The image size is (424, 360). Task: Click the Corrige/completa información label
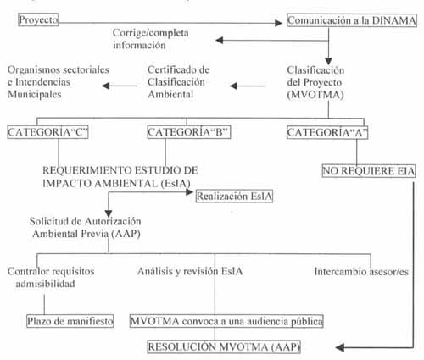coord(151,39)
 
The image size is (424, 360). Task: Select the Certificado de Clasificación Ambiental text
coord(178,82)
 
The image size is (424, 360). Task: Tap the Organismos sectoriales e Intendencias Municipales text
coord(59,82)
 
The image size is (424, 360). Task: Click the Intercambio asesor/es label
coord(361,271)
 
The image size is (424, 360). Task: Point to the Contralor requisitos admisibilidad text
coord(51,277)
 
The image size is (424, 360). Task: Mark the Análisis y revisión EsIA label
coord(190,271)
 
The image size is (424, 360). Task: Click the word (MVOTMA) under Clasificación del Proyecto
coord(315,95)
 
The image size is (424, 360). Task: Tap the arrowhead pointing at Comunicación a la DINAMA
coord(279,23)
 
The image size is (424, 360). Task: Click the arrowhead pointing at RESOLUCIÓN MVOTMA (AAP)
coord(340,347)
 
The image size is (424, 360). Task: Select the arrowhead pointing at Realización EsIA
coord(190,192)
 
